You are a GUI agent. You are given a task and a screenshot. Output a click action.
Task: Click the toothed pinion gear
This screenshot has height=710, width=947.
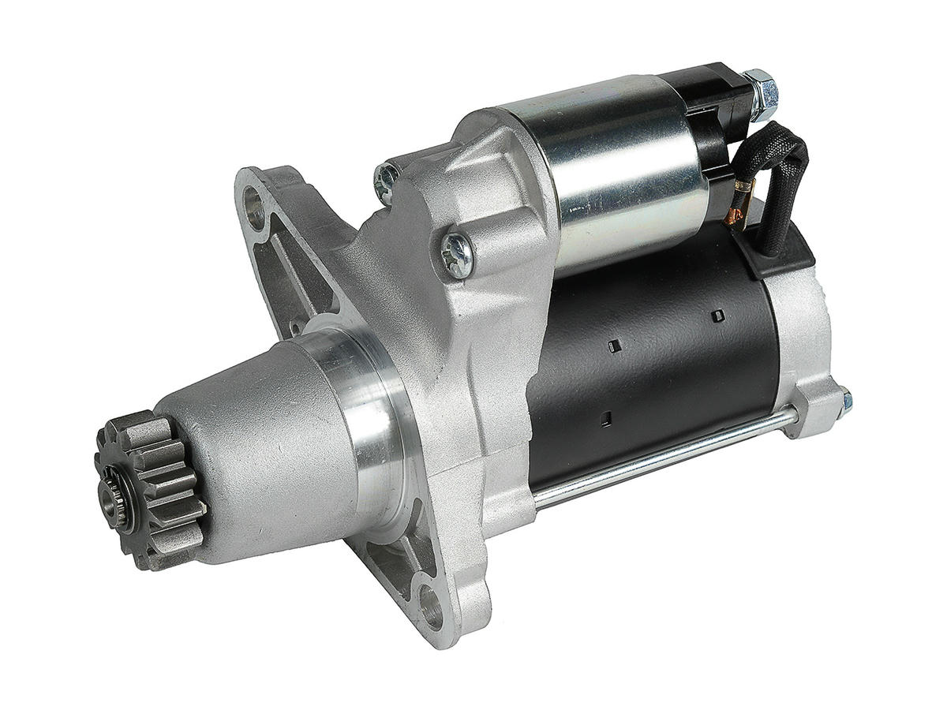click(150, 489)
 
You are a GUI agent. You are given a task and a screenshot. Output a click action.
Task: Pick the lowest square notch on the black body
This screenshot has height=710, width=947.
click(605, 419)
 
